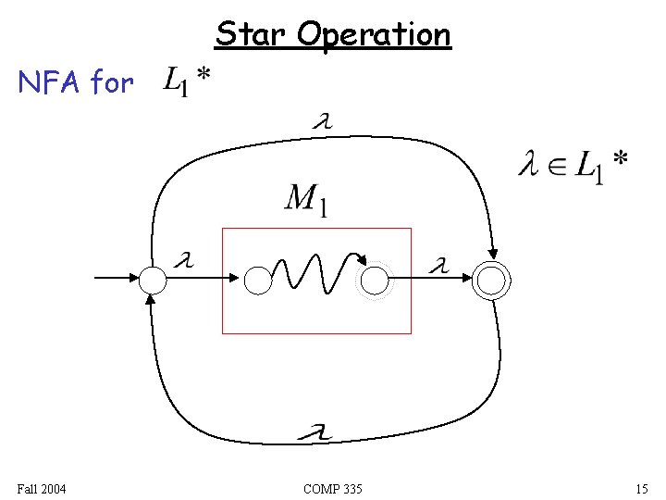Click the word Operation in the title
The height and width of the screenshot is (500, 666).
click(374, 35)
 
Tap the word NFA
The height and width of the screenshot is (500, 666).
click(51, 83)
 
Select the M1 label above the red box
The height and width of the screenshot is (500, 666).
click(305, 199)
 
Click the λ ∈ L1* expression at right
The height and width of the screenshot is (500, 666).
click(573, 167)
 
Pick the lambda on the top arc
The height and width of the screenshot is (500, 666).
click(324, 120)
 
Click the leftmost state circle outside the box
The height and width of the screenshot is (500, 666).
click(152, 279)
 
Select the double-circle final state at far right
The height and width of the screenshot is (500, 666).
click(490, 279)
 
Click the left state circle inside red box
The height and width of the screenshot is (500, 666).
click(258, 280)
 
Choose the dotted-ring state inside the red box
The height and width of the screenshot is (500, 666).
click(376, 281)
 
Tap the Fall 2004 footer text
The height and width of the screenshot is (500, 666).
click(41, 488)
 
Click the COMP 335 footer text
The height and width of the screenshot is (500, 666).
click(332, 488)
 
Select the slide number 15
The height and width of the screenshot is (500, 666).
click(641, 488)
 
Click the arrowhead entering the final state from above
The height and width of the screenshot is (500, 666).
click(493, 253)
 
